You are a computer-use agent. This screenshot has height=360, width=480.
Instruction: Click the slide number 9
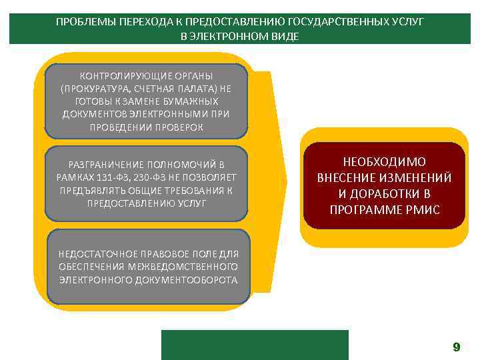456,347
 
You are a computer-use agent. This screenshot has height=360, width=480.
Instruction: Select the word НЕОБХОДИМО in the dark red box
384,162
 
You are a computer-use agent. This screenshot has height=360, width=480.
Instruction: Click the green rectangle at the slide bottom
255,345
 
